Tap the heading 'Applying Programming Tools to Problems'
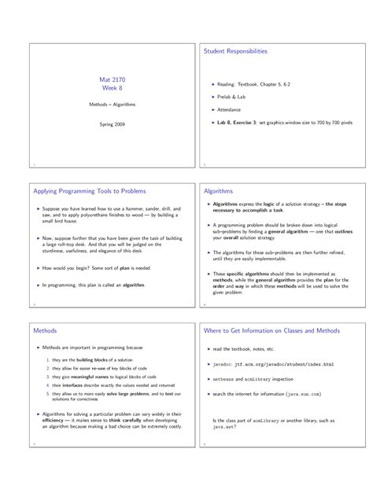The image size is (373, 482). coord(89,191)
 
